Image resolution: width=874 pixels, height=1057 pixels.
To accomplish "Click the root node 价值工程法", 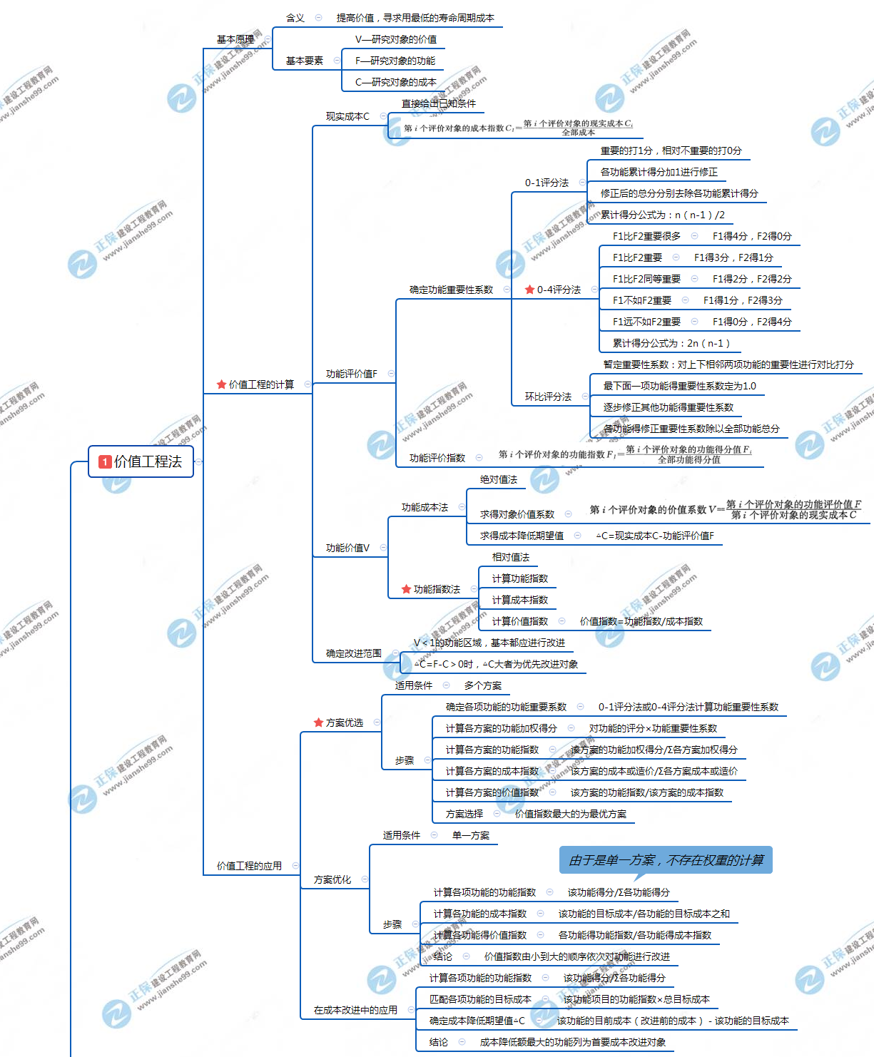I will click(141, 461).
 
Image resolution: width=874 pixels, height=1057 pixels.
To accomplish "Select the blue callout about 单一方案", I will click(666, 860).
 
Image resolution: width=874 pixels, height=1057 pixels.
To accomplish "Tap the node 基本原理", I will click(235, 39).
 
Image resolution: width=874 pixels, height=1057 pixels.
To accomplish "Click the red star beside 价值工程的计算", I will click(221, 384).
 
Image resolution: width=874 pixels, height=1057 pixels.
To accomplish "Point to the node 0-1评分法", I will click(547, 183).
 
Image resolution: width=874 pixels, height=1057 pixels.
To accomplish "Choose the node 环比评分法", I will click(548, 397).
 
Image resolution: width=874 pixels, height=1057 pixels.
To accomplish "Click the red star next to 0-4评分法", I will click(529, 290).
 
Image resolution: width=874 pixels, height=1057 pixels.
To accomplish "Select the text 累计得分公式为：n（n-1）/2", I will click(662, 215).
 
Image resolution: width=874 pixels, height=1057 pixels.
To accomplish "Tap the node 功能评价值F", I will click(351, 374).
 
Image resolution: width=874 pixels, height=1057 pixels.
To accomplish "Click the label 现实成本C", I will click(347, 116).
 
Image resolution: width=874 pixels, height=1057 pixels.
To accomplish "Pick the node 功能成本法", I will click(425, 507).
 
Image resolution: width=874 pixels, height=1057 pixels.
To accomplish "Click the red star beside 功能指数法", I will click(406, 589).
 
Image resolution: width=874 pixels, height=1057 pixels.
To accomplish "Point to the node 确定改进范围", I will click(353, 653).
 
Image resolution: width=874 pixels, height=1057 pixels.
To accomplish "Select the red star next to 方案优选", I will click(318, 722).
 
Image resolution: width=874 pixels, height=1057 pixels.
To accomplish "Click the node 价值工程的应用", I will click(249, 866).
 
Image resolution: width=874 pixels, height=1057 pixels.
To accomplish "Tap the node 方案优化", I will click(332, 879).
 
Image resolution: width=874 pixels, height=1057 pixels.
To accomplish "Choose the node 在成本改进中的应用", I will click(355, 1010).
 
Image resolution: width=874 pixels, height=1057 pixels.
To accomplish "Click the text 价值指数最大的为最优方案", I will click(571, 814).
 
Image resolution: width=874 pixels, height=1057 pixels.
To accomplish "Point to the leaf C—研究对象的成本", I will click(395, 82).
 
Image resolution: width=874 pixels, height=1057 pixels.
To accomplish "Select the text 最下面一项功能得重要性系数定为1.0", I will click(679, 386).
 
